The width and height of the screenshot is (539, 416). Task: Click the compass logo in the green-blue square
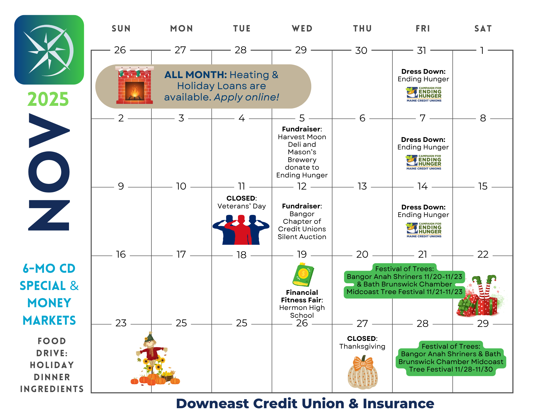[49, 50]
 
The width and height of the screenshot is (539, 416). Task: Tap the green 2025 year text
[48, 99]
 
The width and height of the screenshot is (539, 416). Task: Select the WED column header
[302, 29]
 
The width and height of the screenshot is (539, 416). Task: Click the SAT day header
[483, 29]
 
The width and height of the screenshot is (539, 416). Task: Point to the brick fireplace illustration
[135, 85]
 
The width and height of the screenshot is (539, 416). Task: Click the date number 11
[241, 186]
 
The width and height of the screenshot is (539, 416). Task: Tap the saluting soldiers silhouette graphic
[241, 230]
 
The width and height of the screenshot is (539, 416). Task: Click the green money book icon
[303, 275]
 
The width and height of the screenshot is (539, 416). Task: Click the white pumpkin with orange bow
[363, 372]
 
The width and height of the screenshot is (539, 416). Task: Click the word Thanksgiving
[362, 346]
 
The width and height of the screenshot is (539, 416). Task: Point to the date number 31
[422, 50]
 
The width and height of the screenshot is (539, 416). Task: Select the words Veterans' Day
[241, 206]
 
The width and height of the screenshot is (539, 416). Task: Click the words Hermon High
[302, 307]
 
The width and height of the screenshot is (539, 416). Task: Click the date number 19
[302, 254]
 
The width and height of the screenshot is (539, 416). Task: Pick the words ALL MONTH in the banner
[196, 75]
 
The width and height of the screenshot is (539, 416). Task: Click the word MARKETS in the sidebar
[49, 320]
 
